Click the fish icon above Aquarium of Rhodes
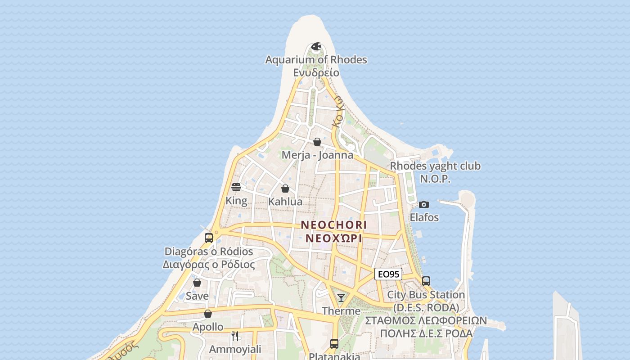click(x=316, y=46)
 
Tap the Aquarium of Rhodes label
click(x=316, y=60)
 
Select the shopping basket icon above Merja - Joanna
click(x=317, y=142)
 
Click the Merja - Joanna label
click(x=317, y=155)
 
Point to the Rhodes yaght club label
click(x=435, y=166)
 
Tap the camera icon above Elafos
click(x=423, y=204)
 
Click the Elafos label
click(x=424, y=217)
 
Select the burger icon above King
click(x=236, y=187)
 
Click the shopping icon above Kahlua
click(x=285, y=189)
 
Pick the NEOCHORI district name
click(x=334, y=225)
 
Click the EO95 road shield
click(x=388, y=274)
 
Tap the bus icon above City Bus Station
click(x=426, y=281)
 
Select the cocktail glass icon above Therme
click(x=341, y=297)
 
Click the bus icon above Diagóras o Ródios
click(x=209, y=238)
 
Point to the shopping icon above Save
click(x=197, y=283)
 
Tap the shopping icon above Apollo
click(x=208, y=314)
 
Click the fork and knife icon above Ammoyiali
click(x=234, y=336)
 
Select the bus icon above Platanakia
click(x=334, y=343)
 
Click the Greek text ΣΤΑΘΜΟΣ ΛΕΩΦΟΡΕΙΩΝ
click(x=426, y=320)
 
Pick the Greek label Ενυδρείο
click(x=316, y=72)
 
